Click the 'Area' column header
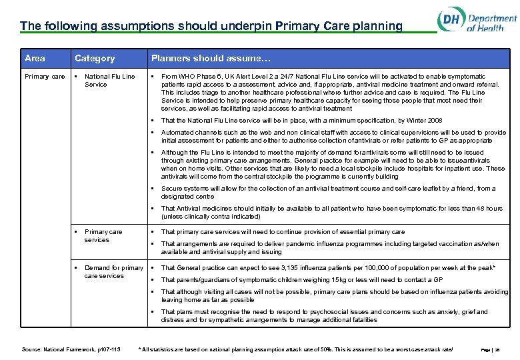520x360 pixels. pyautogui.click(x=35, y=58)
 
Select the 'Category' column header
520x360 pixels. pyautogui.click(x=94, y=58)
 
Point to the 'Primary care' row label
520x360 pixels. pyautogui.click(x=45, y=77)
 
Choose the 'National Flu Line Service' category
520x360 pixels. pyautogui.click(x=109, y=81)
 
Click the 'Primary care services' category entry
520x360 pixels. pyautogui.click(x=103, y=236)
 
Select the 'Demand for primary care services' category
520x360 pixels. pyautogui.click(x=113, y=272)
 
